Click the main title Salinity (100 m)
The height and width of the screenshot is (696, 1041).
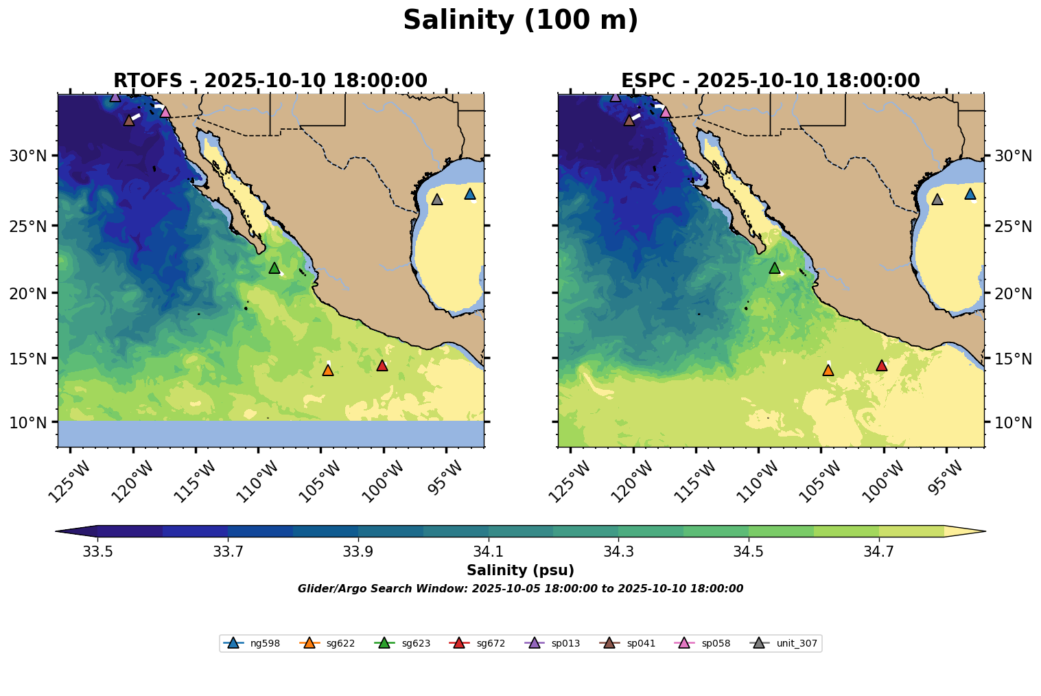520,21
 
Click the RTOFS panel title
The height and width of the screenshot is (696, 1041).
270,81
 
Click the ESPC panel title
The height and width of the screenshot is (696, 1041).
771,81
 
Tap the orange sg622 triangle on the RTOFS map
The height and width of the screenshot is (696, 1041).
328,370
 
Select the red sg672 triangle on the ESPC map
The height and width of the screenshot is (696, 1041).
882,365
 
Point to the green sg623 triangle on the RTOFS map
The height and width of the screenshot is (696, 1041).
274,268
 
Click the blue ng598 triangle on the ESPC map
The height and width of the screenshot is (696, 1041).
970,194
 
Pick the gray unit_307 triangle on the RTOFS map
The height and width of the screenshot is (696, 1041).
437,199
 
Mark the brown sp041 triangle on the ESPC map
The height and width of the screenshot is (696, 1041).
629,120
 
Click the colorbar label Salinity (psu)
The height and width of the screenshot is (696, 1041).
520,570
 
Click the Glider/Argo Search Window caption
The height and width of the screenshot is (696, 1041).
520,589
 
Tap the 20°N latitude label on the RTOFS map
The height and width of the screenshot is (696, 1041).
28,294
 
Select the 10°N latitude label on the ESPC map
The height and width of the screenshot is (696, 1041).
1013,422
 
